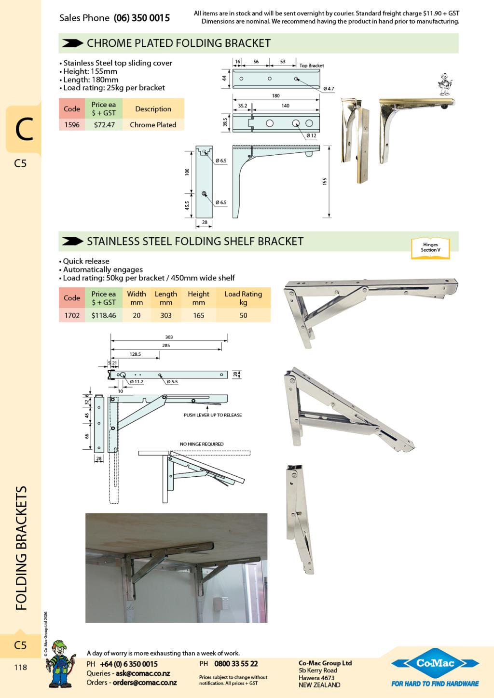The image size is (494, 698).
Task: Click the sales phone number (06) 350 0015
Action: pos(142,18)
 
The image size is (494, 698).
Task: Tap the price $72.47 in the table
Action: pos(104,125)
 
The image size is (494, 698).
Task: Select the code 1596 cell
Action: pos(72,125)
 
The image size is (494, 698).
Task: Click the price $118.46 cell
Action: pos(104,315)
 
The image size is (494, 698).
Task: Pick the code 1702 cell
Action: pos(72,315)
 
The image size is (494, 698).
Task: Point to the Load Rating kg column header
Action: pos(243,298)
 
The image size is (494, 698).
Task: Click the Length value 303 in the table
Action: pos(166,315)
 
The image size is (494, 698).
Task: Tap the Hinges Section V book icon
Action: pos(430,248)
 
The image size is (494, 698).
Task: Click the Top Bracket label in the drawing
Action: pos(312,66)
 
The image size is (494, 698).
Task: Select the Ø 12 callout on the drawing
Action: pos(312,135)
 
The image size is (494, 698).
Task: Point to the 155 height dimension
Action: pos(325,181)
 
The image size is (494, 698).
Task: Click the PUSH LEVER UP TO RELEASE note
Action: pos(213,415)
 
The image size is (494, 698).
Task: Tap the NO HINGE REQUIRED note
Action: pos(202,444)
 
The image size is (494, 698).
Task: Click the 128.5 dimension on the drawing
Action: pos(135,354)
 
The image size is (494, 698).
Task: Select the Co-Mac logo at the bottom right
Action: pos(435,664)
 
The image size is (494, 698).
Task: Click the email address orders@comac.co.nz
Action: pos(145,683)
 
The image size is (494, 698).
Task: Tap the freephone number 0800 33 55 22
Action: pos(236,664)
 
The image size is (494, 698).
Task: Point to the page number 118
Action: pos(20,668)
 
